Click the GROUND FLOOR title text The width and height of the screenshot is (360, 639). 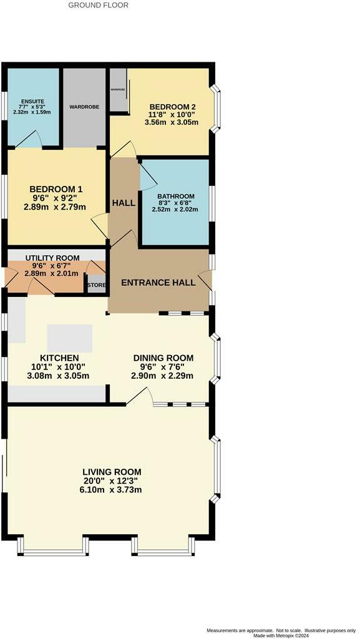click(98, 5)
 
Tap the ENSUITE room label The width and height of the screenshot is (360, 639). click(31, 100)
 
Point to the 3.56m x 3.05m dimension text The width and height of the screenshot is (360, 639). click(171, 122)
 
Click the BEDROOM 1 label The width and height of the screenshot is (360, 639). click(56, 189)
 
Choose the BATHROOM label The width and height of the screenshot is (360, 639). click(175, 196)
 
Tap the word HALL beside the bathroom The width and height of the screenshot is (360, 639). click(124, 203)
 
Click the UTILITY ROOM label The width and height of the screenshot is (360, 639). click(52, 258)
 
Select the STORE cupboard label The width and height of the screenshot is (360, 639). click(97, 285)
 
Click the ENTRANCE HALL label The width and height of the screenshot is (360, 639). click(158, 283)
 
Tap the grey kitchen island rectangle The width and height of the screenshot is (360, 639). click(69, 338)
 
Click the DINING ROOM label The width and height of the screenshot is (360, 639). click(163, 358)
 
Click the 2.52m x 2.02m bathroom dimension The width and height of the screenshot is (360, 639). click(175, 210)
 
